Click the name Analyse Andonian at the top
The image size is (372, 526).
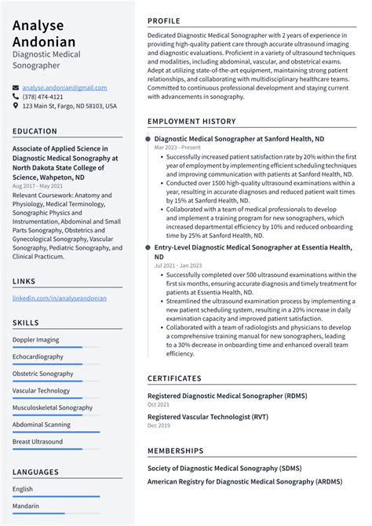click(x=44, y=33)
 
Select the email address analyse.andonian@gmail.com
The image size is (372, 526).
click(x=64, y=87)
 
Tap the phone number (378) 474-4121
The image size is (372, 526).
click(x=43, y=97)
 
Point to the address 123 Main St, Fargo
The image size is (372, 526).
click(x=69, y=106)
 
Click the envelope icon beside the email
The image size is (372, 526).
click(x=16, y=87)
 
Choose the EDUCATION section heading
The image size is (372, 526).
click(x=35, y=132)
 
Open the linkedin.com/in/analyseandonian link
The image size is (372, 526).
click(x=59, y=298)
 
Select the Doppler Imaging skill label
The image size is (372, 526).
click(x=35, y=340)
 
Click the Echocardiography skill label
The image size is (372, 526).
click(x=38, y=356)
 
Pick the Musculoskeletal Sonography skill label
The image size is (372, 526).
click(x=52, y=407)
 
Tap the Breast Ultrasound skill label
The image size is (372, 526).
click(x=37, y=442)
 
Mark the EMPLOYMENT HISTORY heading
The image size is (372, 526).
click(x=191, y=122)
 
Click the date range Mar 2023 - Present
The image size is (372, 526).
click(x=177, y=148)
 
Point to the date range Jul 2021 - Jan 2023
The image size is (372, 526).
click(x=177, y=266)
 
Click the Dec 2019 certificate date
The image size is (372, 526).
click(x=158, y=426)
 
